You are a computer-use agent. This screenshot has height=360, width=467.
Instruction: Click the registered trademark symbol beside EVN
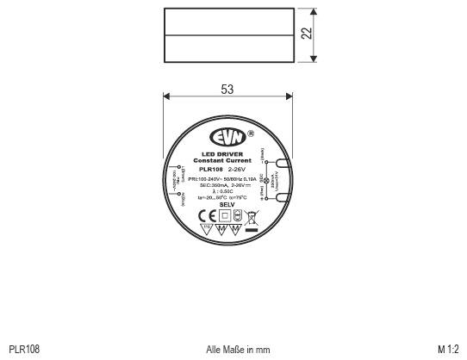[250, 134]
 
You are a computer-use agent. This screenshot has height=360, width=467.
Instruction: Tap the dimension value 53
[227, 90]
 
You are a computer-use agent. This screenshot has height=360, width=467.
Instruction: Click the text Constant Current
[227, 161]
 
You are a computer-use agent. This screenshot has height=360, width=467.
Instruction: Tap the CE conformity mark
[206, 215]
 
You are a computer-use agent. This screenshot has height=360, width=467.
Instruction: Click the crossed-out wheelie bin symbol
[252, 216]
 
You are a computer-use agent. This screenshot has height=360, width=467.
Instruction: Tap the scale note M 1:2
[448, 349]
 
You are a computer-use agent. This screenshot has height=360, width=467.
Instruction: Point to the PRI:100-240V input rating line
[227, 178]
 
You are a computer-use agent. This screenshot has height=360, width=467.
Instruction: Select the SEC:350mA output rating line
[227, 185]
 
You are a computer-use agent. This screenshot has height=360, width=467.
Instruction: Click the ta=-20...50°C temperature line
[227, 198]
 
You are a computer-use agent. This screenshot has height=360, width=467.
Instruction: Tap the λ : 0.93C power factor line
[227, 191]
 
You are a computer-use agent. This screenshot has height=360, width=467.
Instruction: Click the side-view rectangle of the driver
[227, 34]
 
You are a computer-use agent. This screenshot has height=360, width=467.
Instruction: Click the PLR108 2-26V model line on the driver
[227, 170]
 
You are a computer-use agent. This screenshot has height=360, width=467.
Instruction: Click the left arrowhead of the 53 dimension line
[166, 97]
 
